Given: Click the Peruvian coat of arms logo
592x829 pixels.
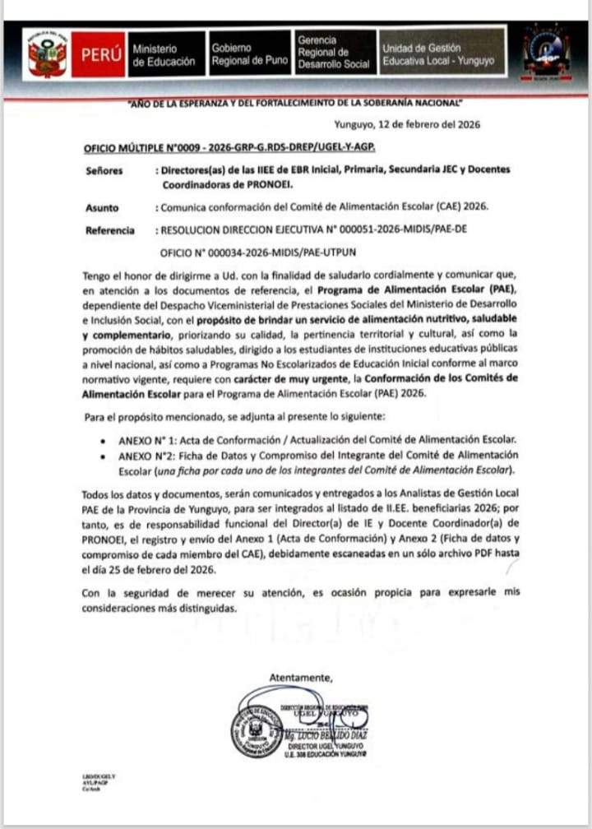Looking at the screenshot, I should [47, 53].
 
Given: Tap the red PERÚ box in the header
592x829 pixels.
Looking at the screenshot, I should [102, 55].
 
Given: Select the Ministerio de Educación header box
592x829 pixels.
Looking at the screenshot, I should [164, 54].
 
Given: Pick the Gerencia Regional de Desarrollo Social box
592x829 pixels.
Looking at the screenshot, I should [334, 54].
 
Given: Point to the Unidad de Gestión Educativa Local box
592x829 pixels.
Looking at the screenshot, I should [440, 54].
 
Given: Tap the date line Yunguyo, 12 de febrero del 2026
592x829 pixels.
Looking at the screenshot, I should [407, 126].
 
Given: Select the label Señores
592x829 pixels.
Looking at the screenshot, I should [104, 170].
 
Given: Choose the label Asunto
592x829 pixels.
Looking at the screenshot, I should [102, 208].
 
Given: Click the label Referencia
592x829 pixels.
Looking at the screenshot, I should [110, 230].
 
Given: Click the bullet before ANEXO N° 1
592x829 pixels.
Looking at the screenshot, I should [101, 440].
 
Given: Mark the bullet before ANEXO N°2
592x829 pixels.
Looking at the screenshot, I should [101, 455].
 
